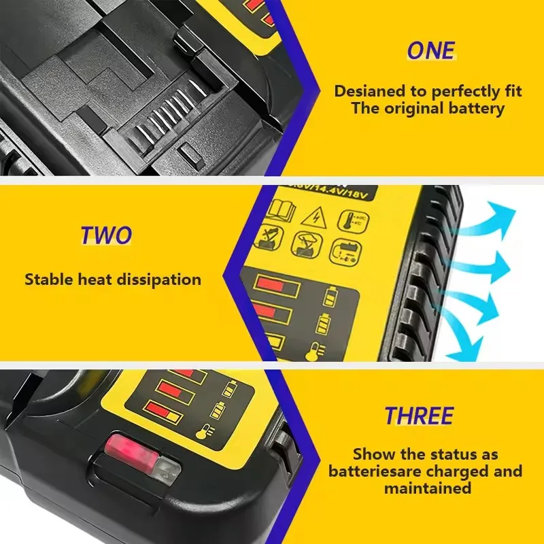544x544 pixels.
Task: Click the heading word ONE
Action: (431, 51)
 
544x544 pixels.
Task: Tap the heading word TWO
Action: (107, 235)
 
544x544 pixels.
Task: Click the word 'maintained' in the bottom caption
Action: (427, 488)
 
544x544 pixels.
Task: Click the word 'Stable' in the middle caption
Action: (50, 279)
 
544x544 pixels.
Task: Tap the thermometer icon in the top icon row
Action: (345, 218)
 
